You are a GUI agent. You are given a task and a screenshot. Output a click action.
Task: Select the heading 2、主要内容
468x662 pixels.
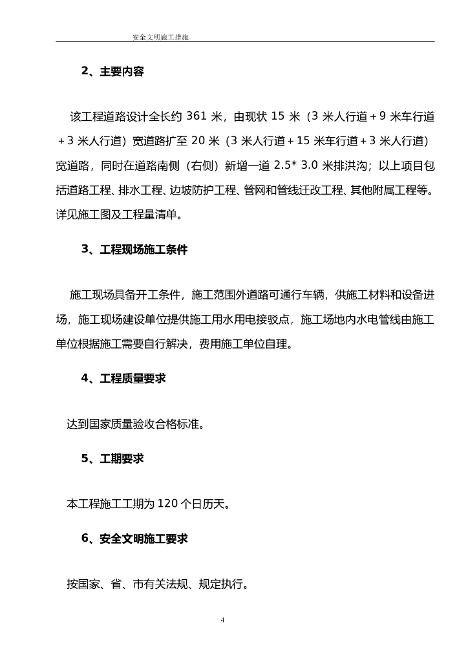112,72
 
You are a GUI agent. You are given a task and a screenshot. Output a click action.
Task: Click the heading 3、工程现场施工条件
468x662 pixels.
134,250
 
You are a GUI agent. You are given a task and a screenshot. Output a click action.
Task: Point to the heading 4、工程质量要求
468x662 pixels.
123,379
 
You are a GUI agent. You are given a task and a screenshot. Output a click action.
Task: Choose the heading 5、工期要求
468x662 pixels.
112,459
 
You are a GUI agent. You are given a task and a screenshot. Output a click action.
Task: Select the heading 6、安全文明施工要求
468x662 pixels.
134,539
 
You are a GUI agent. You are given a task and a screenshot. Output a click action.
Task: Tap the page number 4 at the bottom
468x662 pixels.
222,620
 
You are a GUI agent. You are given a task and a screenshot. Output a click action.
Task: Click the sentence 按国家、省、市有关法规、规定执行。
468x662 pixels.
158,585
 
